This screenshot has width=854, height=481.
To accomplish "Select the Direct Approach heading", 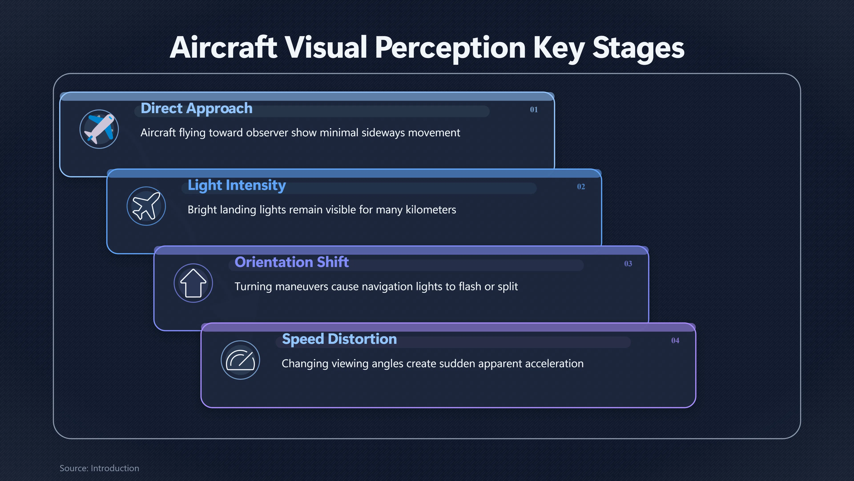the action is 197,108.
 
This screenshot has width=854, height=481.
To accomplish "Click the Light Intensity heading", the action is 237,185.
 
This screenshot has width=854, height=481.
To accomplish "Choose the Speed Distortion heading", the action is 339,339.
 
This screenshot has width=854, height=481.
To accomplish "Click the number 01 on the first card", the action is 534,110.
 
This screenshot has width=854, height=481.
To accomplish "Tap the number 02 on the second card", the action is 581,187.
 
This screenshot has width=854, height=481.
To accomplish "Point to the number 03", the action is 628,264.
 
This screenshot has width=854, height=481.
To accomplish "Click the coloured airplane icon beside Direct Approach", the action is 99,129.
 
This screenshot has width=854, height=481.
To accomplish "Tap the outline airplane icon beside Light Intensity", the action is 146,206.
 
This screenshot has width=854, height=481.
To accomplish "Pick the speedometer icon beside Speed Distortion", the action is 240,360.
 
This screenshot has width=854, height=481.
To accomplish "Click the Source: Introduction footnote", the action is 99,468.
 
